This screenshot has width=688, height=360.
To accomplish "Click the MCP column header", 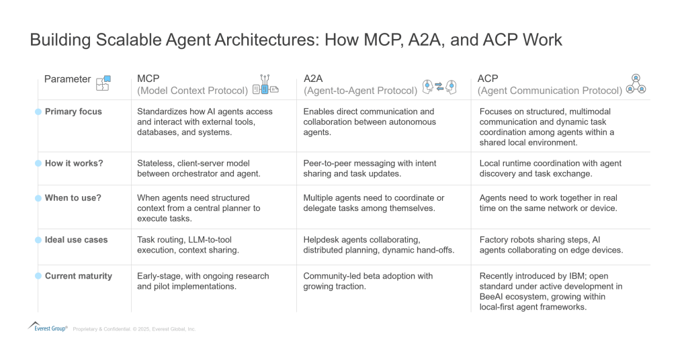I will (x=148, y=78).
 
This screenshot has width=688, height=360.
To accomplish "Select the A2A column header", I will (x=315, y=78).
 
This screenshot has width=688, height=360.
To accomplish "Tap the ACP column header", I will (x=488, y=78).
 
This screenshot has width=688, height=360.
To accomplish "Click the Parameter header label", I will (x=67, y=79).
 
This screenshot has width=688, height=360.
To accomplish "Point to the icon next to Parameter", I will (x=103, y=82).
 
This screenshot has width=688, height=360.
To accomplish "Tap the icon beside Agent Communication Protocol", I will (x=636, y=83).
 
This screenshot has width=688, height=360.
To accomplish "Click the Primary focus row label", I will (x=73, y=111).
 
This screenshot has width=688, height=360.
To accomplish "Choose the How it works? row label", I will (x=73, y=163).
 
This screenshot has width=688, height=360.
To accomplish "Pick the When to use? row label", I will (x=73, y=198).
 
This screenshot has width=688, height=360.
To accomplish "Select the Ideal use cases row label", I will (x=76, y=240).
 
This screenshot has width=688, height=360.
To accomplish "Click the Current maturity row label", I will (x=78, y=276).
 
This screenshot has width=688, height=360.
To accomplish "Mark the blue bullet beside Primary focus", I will (x=38, y=111).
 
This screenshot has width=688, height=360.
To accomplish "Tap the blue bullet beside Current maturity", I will (x=38, y=276).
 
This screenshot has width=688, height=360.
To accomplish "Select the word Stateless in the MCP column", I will (x=155, y=163).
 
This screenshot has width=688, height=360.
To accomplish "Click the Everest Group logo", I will (x=48, y=326).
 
